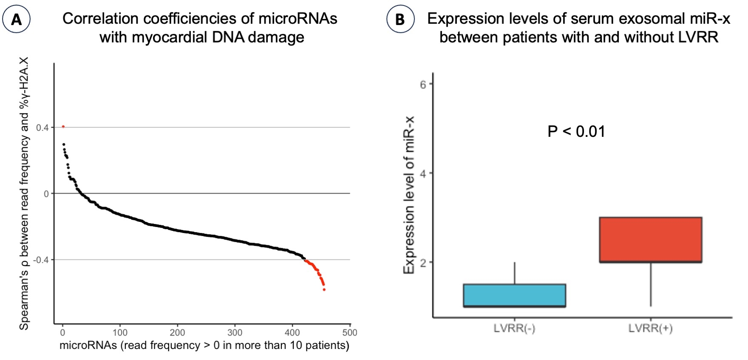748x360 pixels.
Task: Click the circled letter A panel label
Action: (x=16, y=20)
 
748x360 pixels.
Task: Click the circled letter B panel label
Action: (x=400, y=20)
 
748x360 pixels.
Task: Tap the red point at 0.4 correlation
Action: (x=63, y=127)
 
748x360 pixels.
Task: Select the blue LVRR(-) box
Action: (x=514, y=295)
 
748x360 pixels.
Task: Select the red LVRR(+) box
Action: (x=650, y=240)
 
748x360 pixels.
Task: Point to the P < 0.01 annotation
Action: (x=576, y=132)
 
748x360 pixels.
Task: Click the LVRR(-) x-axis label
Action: (x=514, y=328)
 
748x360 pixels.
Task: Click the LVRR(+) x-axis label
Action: (x=650, y=328)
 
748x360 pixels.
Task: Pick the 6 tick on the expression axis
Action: (x=423, y=85)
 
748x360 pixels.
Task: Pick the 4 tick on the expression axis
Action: (x=423, y=173)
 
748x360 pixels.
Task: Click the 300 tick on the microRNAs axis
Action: (x=235, y=332)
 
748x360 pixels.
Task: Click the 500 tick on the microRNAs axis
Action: (x=350, y=332)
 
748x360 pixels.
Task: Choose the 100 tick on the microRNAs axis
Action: (x=120, y=332)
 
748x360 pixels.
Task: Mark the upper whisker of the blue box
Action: (x=515, y=273)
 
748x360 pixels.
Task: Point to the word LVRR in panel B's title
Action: (x=698, y=37)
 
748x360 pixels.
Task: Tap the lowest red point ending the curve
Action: (x=324, y=289)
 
